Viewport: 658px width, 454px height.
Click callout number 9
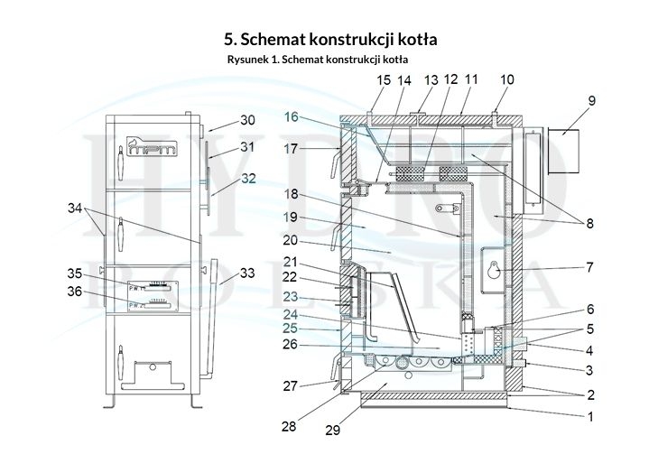(x=591, y=101)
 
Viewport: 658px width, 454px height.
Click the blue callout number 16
(x=291, y=116)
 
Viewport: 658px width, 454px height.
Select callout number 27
(x=289, y=386)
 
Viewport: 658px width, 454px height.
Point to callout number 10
(x=506, y=80)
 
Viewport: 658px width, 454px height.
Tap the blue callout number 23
(x=289, y=295)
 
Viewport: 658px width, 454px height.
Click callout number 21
(x=290, y=262)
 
